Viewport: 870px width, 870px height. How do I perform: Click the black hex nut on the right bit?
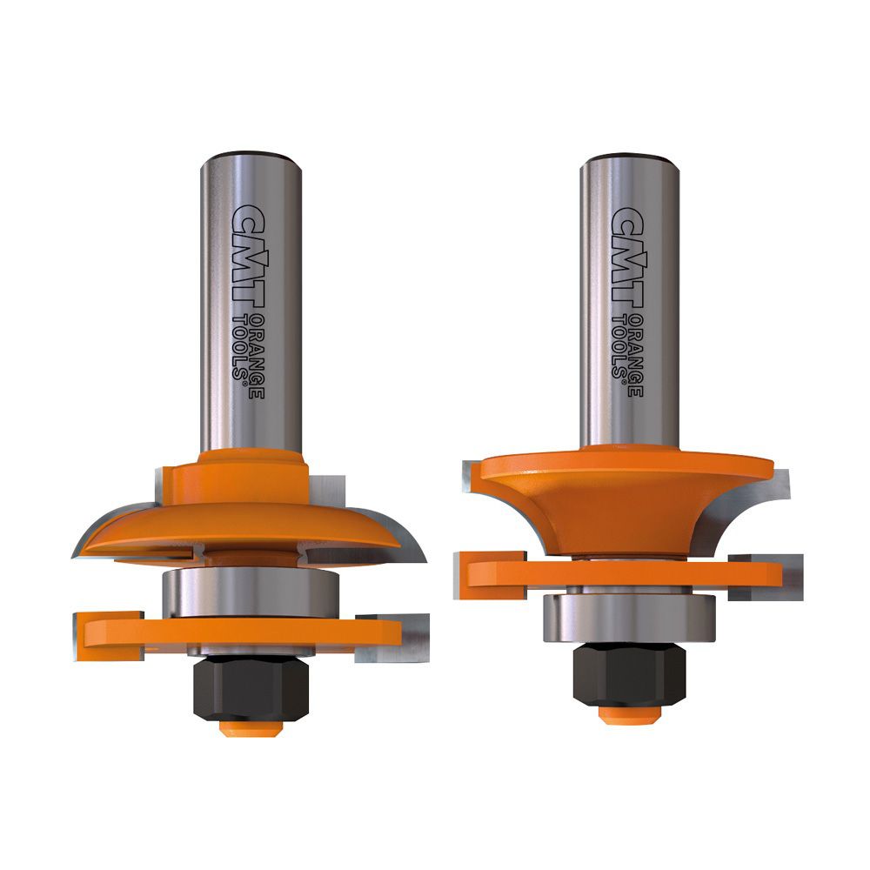(x=630, y=675)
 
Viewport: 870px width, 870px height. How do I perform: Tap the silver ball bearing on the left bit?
(x=251, y=592)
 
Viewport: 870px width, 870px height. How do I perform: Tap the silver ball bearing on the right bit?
(x=630, y=617)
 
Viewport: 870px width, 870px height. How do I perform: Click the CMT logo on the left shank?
(x=247, y=255)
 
